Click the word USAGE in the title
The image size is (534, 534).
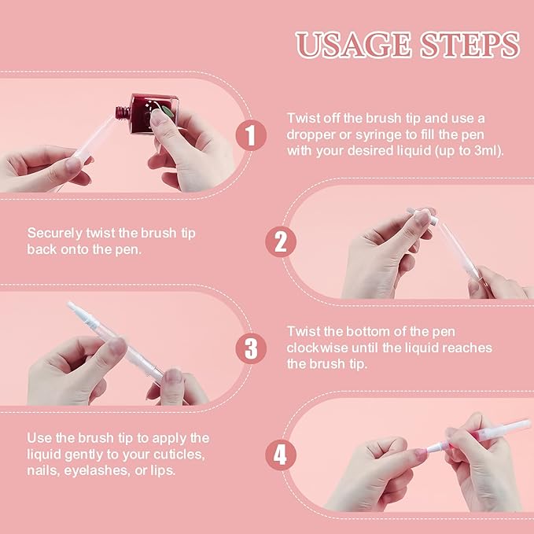[x=351, y=45]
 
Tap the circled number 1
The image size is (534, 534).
[x=251, y=135]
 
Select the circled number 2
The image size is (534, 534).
[x=280, y=241]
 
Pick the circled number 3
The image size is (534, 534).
[x=251, y=348]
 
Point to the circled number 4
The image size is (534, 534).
[x=280, y=454]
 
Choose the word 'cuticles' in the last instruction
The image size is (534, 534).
[x=186, y=454]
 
